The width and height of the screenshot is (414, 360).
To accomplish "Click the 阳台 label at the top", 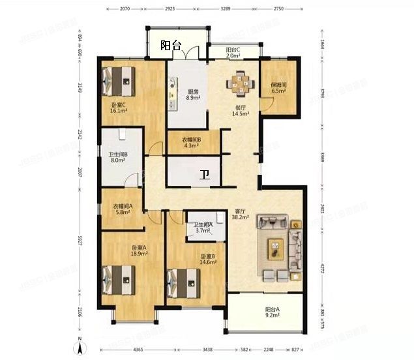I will pyautogui.click(x=170, y=46).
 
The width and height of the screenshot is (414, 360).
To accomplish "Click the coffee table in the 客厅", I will pyautogui.click(x=275, y=248).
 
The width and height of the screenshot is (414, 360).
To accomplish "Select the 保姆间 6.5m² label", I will pyautogui.click(x=278, y=88).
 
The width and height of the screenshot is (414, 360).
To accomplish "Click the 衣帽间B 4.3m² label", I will pyautogui.click(x=191, y=142).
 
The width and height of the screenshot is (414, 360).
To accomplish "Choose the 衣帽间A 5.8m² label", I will pyautogui.click(x=122, y=210).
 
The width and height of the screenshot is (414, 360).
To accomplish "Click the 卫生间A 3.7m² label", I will pyautogui.click(x=203, y=228).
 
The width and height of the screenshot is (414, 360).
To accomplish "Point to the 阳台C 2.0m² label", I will pyautogui.click(x=233, y=53).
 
